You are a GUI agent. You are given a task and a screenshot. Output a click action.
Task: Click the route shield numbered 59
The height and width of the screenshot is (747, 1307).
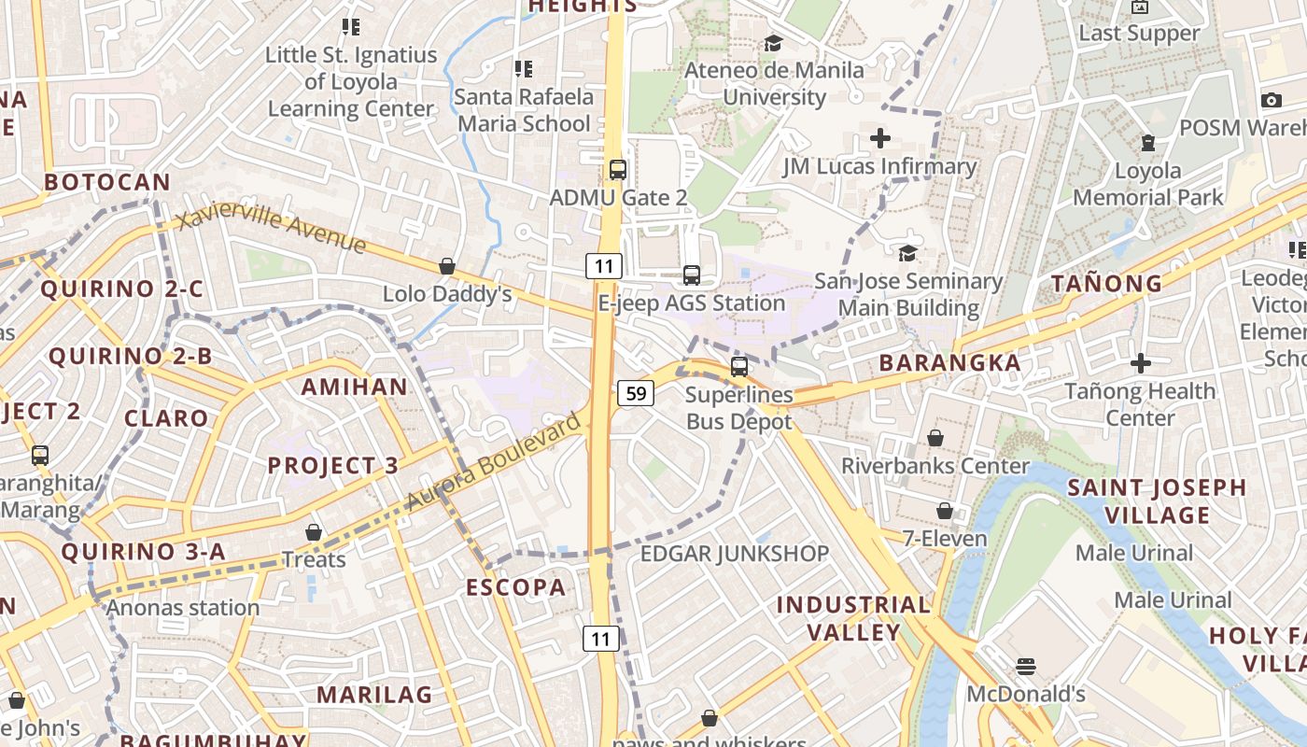636,393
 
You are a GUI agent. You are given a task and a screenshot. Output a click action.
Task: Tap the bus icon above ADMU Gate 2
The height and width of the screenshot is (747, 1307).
617,169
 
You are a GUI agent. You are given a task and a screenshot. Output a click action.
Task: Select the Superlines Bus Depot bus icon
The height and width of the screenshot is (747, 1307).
739,366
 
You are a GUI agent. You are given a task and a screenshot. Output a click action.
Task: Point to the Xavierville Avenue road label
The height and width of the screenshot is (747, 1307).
271,230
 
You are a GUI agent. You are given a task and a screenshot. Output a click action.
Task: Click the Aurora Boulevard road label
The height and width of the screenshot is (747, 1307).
495,462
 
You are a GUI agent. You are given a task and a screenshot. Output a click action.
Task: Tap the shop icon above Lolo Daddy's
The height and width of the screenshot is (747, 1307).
447,267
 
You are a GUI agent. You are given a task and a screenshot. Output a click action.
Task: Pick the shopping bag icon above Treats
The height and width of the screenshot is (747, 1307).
314,532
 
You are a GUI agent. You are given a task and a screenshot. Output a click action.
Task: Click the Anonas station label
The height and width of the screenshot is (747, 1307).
183,608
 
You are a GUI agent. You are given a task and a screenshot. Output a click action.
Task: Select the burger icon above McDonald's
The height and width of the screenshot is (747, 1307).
1026,667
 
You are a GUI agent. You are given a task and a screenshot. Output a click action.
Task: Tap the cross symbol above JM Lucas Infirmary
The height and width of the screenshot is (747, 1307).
879,139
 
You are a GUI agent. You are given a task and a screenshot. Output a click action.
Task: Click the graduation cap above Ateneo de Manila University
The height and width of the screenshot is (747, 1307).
773,43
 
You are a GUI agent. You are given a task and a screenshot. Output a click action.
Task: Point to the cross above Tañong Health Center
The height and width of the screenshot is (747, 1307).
1140,363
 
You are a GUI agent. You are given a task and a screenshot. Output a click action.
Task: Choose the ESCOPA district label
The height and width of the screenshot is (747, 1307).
516,587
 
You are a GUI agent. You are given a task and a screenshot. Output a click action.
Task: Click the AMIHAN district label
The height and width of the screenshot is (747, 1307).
354,387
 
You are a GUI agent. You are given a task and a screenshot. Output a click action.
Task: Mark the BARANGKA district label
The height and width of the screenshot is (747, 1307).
949,362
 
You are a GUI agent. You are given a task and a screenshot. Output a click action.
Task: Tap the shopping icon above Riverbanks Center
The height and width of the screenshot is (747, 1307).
935,438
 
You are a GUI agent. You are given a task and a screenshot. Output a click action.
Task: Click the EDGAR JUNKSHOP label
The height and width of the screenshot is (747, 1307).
734,554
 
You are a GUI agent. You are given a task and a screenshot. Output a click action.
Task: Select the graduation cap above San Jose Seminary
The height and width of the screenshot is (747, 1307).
907,253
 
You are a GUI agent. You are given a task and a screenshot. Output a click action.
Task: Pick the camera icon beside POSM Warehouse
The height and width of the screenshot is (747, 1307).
1271,100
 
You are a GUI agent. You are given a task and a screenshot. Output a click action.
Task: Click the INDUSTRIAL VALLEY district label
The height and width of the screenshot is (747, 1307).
853,618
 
